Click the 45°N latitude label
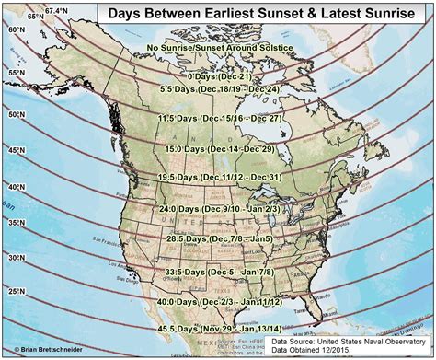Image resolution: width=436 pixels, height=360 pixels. [16, 149]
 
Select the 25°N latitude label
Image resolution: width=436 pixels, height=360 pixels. [16, 292]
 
